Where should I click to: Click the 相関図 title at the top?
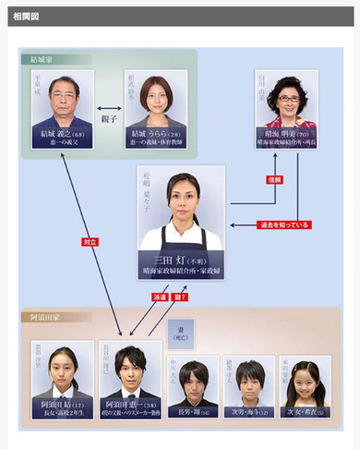(25, 17)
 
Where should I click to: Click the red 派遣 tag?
(159, 297)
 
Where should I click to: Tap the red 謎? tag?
(181, 297)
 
